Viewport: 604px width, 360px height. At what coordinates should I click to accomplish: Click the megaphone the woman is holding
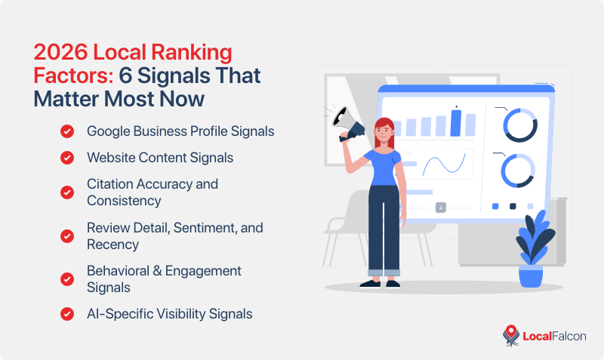352,124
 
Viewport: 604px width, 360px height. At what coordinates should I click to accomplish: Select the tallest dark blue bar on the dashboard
455,122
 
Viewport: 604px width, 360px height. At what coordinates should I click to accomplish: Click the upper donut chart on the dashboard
519,124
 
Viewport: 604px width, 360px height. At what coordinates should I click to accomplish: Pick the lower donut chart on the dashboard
519,171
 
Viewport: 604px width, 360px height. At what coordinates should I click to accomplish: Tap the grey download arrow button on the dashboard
441,208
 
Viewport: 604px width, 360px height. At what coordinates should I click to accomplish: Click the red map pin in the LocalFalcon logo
511,335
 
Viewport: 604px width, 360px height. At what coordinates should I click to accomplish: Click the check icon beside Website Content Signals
67,158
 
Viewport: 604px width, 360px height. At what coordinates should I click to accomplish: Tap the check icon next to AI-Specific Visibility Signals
67,313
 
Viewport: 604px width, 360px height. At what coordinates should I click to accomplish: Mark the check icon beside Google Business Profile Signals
67,131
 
